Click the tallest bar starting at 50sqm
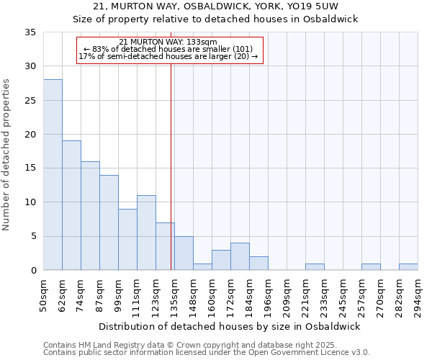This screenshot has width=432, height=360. (x=53, y=174)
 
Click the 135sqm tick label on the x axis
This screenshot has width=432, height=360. (x=175, y=296)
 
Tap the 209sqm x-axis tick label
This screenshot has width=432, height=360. (x=287, y=296)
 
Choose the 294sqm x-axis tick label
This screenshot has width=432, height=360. (x=418, y=296)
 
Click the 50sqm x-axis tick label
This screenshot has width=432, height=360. (x=44, y=296)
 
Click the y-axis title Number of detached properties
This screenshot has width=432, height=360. (x=7, y=155)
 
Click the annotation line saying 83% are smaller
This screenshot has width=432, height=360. (x=170, y=49)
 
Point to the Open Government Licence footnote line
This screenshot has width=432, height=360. (x=207, y=353)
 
